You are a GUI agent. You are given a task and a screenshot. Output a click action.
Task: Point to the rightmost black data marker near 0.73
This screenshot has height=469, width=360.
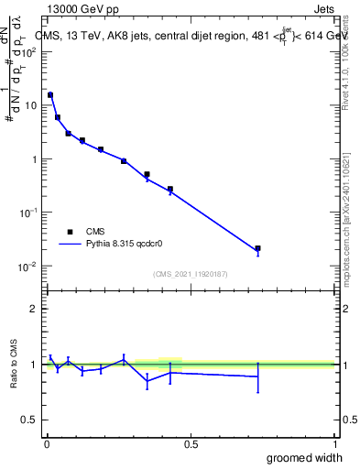[x=258, y=248]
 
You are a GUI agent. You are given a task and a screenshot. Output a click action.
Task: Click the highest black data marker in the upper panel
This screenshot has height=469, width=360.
[x=50, y=94]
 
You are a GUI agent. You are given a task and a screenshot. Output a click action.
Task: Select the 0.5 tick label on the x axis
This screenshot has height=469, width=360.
[x=191, y=443]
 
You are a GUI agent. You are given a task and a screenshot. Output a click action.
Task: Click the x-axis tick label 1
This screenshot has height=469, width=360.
[x=334, y=443]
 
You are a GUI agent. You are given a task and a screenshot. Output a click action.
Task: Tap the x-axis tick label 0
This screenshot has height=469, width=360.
[x=46, y=443]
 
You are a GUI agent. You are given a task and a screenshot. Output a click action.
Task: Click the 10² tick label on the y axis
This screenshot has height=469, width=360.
[x=28, y=51]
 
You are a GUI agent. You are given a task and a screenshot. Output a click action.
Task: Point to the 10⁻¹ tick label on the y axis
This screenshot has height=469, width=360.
[x=28, y=213]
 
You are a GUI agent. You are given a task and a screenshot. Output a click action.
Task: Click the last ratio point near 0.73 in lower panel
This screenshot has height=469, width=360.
[x=258, y=376]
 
